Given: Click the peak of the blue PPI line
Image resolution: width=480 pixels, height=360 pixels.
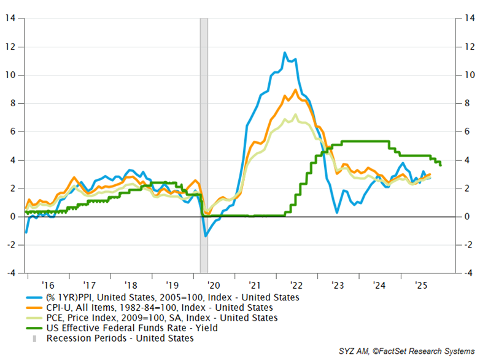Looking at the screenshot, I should pos(285,53).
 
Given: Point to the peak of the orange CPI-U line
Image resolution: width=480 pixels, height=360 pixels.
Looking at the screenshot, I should pos(296,90).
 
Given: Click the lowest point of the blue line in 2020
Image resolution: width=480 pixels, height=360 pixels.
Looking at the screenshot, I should pos(205,236).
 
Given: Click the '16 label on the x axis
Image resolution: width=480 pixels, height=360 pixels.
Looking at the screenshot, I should pos(47,285).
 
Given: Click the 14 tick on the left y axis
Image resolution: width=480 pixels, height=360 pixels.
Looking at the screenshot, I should pos(10,18).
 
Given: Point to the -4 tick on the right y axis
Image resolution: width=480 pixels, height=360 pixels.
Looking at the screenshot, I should pos(467,273).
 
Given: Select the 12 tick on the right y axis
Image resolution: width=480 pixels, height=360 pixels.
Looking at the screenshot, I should pos(467,47).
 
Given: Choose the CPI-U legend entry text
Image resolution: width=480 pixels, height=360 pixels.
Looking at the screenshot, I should pos(160,308).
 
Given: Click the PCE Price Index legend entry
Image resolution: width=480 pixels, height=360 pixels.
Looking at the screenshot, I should pos(162,318).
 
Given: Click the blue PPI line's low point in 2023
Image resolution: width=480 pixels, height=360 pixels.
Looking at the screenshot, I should pos(337,213).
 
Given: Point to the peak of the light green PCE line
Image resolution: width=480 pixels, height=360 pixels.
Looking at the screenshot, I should pos(296,114).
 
